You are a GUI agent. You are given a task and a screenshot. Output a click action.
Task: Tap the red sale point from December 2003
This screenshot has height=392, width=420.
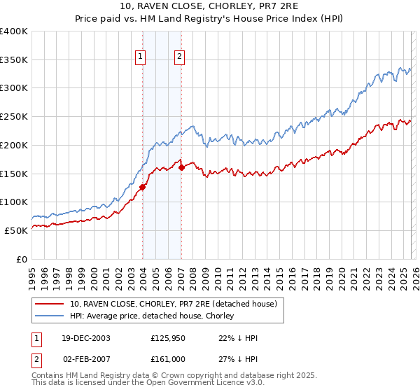[143, 187]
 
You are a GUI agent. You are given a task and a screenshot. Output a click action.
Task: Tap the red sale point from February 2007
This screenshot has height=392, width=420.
[181, 167]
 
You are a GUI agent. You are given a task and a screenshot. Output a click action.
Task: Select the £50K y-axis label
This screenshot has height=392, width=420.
[16, 230]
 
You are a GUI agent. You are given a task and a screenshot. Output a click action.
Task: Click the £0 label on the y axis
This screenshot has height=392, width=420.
[22, 259]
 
